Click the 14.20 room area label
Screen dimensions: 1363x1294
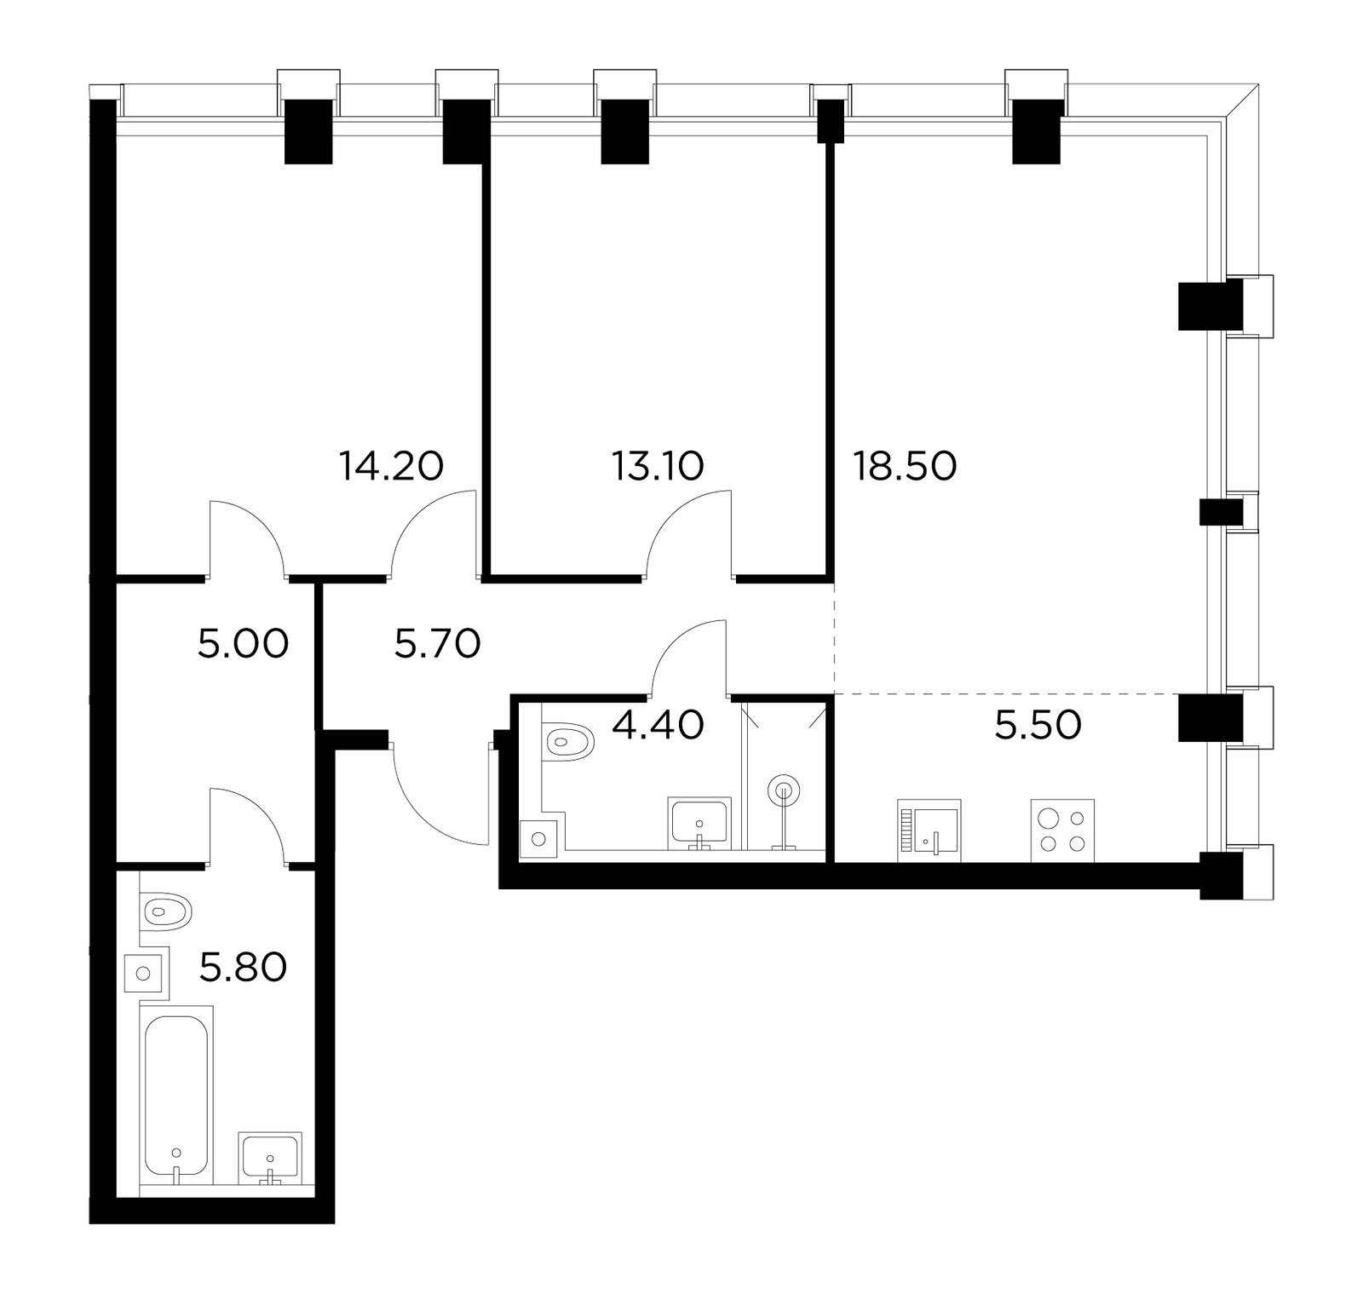tap(391, 466)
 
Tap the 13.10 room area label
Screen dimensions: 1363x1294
tap(658, 466)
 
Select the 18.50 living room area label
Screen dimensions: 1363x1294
tap(906, 466)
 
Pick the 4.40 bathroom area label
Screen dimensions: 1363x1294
tap(658, 724)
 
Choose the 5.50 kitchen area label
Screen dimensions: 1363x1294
tap(1038, 724)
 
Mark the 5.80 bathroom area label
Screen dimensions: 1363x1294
tap(243, 967)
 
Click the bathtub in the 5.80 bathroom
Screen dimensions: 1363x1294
tap(176, 1094)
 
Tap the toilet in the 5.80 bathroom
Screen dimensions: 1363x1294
tap(165, 912)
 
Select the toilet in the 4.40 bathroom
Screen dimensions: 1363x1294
tap(567, 741)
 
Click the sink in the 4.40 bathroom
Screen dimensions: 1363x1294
tap(699, 824)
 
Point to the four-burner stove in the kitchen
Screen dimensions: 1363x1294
tap(1062, 831)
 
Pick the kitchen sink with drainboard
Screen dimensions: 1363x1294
tap(929, 831)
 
